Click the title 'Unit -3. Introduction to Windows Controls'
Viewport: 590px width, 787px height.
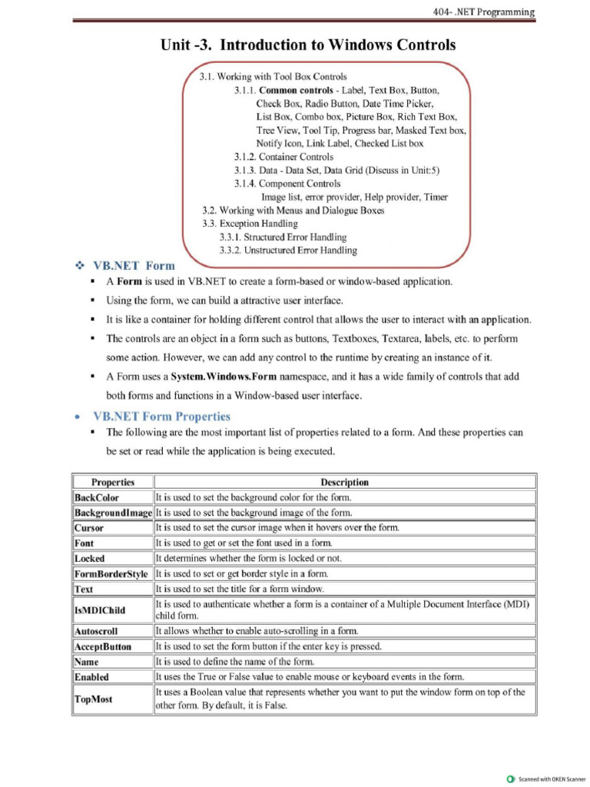[x=307, y=45]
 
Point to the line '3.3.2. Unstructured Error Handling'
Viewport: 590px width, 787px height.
[x=288, y=250]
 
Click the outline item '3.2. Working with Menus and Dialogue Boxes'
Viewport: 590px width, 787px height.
[x=293, y=210]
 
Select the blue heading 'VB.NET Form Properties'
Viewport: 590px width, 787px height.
[x=161, y=417]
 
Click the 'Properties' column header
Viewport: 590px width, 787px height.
[x=113, y=482]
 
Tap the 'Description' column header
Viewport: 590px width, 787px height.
[x=344, y=482]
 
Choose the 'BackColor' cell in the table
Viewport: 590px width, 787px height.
[x=97, y=497]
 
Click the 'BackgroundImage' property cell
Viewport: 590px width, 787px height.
[x=113, y=513]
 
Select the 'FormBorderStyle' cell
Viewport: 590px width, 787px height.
[x=111, y=574]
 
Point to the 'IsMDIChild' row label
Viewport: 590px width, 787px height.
[x=100, y=610]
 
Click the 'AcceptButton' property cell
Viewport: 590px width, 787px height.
[x=103, y=646]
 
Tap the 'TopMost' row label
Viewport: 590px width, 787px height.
[x=93, y=699]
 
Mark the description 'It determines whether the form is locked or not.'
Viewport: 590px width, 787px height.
[x=249, y=559]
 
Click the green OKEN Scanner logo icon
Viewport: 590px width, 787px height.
[x=511, y=779]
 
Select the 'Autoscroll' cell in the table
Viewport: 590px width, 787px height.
[x=96, y=631]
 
